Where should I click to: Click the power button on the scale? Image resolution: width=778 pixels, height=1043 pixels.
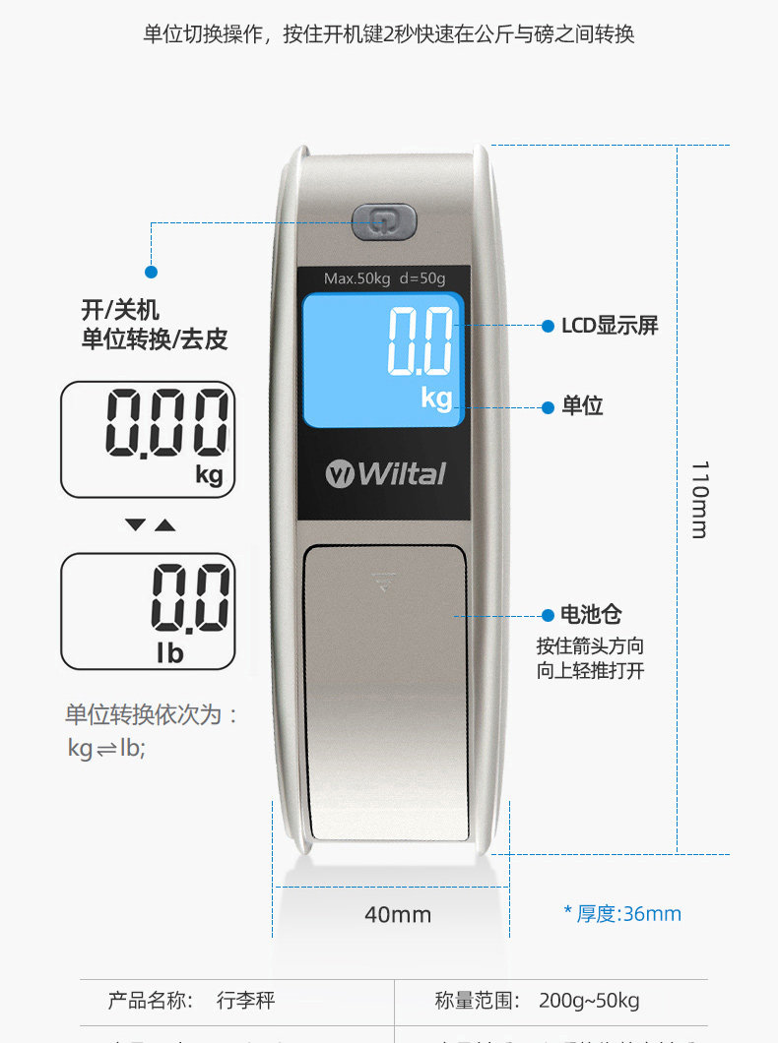[384, 221]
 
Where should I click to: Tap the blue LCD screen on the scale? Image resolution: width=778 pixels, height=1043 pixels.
[382, 359]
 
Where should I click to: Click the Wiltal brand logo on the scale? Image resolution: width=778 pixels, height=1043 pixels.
[386, 474]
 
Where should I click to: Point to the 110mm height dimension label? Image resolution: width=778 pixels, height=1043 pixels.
[698, 499]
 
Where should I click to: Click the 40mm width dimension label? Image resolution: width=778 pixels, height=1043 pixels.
[398, 915]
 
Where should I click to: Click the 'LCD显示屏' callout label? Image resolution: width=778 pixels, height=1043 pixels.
[610, 326]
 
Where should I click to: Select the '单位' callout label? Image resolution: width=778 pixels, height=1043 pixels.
[582, 405]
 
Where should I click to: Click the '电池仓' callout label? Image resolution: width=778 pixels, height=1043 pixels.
[591, 615]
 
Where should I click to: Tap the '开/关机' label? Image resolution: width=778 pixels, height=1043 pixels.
[119, 310]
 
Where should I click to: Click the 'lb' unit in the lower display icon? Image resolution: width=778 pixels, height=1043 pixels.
[170, 651]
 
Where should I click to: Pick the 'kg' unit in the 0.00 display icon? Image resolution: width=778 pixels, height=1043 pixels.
[209, 475]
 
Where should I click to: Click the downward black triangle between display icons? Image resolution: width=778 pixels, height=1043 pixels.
[135, 525]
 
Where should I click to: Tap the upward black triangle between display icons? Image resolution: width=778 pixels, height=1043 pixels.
[165, 525]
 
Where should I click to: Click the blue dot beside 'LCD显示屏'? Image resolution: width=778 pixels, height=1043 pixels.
[548, 326]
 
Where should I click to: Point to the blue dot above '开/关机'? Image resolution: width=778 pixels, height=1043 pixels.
[151, 272]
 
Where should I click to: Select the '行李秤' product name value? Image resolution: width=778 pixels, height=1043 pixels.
[245, 1002]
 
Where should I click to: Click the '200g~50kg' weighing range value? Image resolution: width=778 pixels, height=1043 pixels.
[589, 1002]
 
